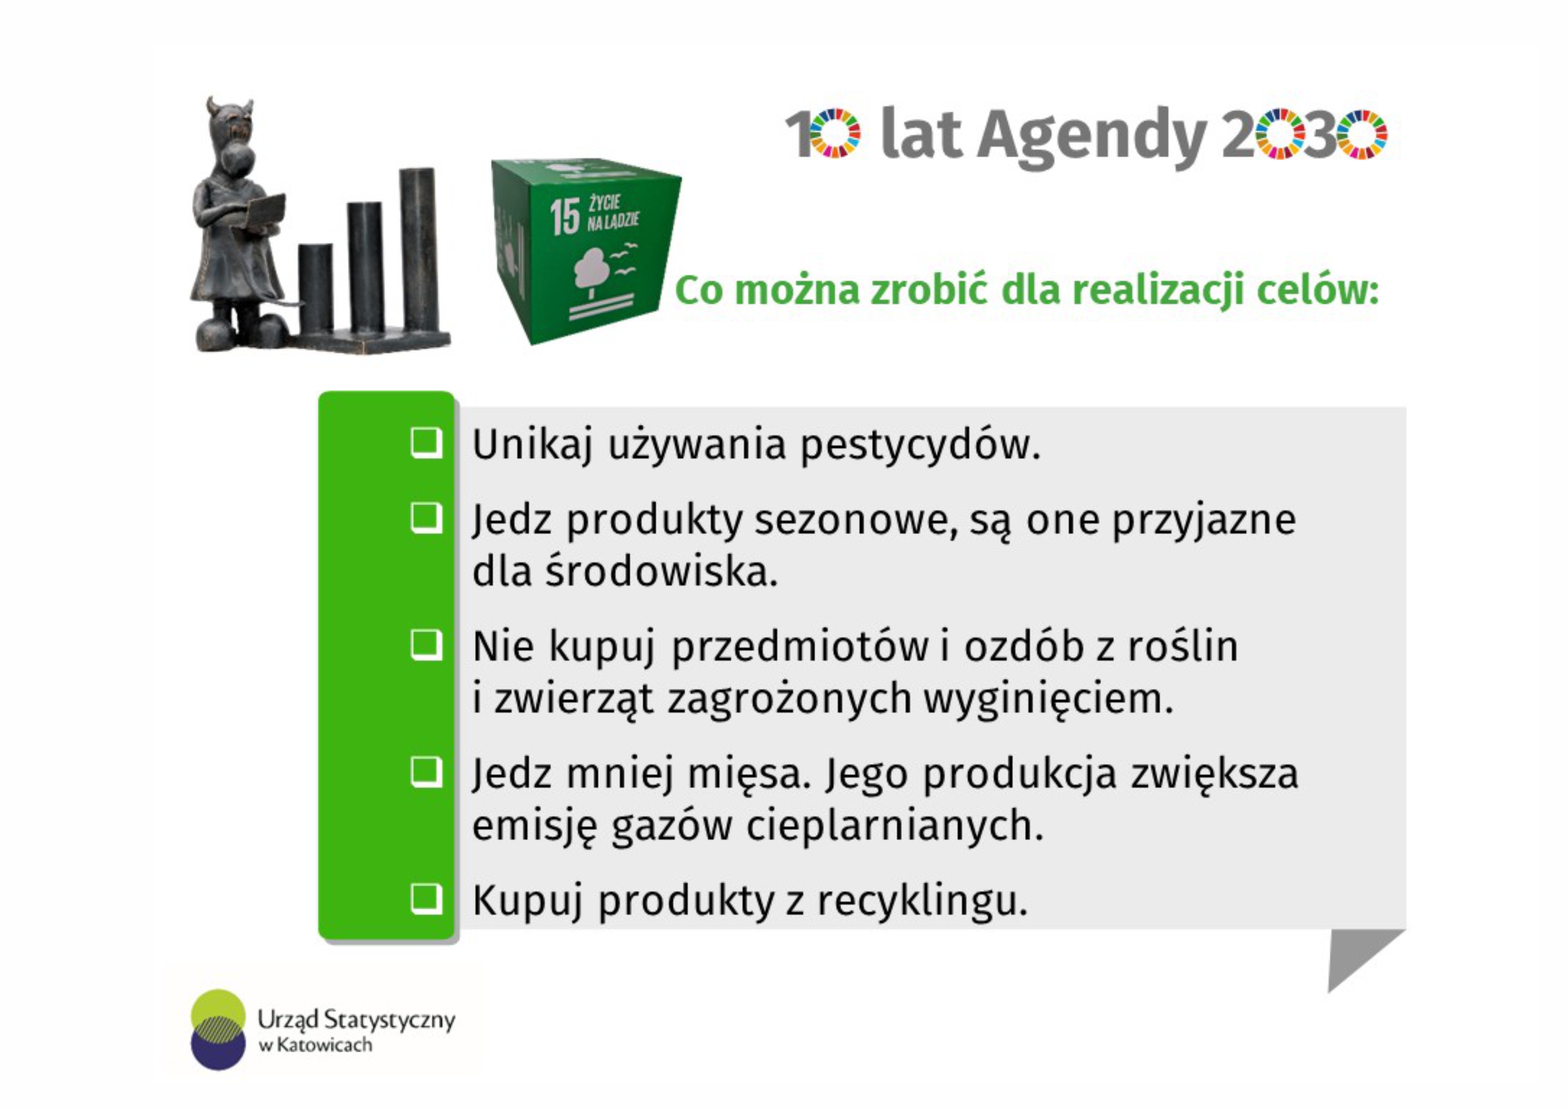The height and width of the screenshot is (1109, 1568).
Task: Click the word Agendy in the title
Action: point(1093,137)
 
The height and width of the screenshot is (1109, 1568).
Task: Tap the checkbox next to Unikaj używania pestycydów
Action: point(426,442)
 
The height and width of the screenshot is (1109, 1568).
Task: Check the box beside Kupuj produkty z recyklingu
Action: point(426,899)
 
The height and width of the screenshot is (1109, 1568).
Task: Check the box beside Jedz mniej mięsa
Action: point(426,773)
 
